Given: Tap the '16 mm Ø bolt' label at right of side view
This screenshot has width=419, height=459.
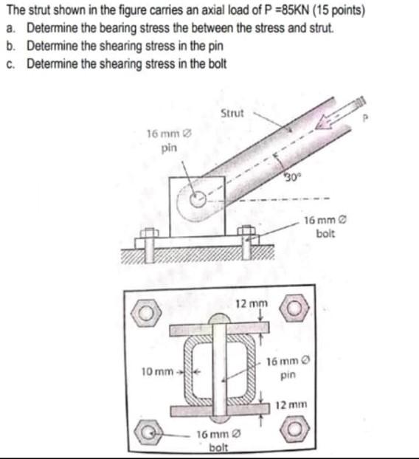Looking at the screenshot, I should coord(325,227).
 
